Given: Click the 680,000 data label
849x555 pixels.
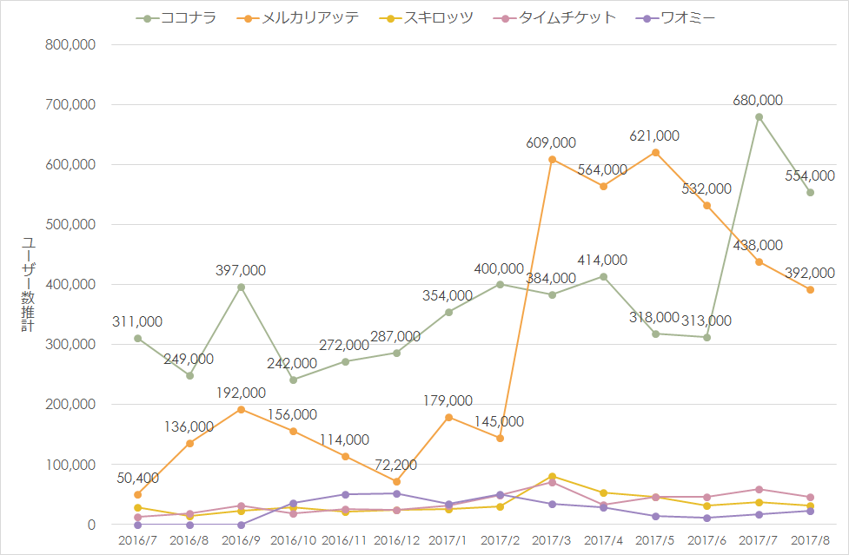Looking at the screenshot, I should coord(758,100).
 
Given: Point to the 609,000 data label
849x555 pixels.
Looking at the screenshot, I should coord(551,142).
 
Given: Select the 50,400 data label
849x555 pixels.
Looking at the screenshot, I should coord(138,477).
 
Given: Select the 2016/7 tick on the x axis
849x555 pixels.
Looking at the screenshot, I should coord(137,539).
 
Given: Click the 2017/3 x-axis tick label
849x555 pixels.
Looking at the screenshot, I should coord(552,539).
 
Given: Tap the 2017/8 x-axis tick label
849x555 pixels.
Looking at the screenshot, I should coord(810,539).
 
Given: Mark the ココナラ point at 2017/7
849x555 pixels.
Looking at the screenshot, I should coord(759,117).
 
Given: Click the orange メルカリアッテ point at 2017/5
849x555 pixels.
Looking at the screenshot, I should coord(655,153).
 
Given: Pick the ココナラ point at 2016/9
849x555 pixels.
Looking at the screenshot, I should coord(241,287).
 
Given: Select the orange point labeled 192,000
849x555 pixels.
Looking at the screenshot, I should coord(241,409).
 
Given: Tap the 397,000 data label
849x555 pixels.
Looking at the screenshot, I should coord(241,270).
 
